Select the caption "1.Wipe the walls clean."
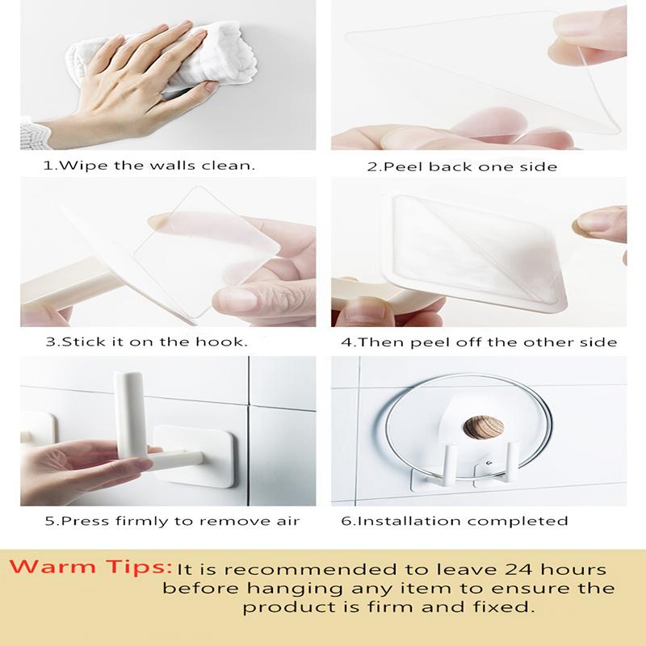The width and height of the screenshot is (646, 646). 149,166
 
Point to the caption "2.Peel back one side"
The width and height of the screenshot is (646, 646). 461,166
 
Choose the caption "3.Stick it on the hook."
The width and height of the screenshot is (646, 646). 146,342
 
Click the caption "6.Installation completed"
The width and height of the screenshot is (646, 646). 455,521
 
